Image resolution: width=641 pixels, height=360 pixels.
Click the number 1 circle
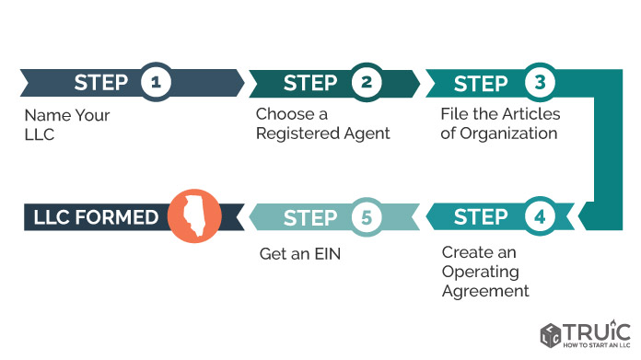[157, 82]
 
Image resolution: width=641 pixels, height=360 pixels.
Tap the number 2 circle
[367, 82]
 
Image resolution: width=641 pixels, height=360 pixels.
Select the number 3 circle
[540, 82]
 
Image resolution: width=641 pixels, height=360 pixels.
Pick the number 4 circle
[540, 216]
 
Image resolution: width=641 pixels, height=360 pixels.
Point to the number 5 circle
[367, 217]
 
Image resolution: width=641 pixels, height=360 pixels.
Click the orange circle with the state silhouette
[194, 215]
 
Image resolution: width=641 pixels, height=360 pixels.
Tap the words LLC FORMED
[96, 217]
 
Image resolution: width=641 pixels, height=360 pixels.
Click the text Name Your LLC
[67, 124]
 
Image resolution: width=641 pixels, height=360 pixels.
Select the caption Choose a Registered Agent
[323, 123]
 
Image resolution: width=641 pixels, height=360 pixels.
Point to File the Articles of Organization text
[500, 123]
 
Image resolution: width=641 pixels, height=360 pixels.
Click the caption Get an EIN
[300, 254]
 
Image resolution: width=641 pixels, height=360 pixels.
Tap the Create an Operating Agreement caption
[485, 272]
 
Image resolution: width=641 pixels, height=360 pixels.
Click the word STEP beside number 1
[101, 83]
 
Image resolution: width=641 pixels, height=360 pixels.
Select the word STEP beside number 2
[310, 83]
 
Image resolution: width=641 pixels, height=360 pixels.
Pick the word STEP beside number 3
[481, 84]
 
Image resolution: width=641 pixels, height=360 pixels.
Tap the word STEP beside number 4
[481, 217]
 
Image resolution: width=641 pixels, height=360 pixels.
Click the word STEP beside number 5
[310, 218]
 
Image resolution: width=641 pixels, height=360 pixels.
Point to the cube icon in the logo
[551, 335]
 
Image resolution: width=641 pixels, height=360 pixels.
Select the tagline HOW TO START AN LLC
[597, 345]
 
